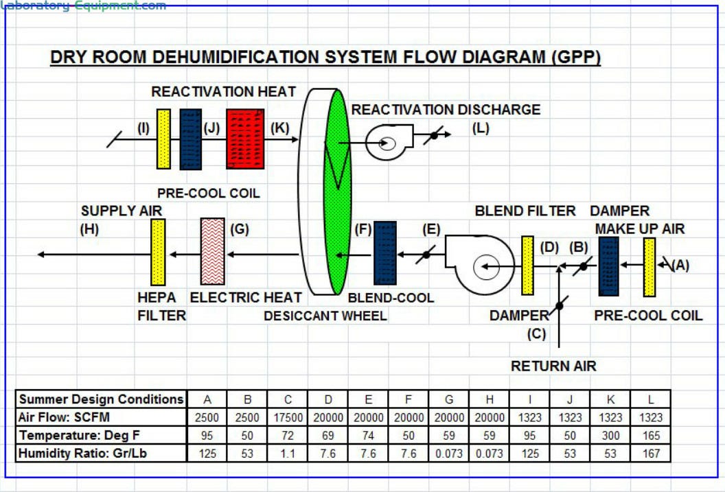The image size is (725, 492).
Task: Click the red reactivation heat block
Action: (245, 139)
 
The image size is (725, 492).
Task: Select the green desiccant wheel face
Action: (337, 192)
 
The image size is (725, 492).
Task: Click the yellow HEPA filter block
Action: (158, 252)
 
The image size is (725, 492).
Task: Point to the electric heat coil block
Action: (212, 251)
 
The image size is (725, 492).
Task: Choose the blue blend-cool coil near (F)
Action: (384, 253)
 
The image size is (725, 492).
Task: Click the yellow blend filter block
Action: (527, 266)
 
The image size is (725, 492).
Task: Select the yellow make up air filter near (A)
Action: (649, 268)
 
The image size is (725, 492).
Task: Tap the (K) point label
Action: (281, 128)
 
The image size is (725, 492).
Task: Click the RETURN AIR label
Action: (553, 366)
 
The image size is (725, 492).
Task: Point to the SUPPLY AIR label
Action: (122, 211)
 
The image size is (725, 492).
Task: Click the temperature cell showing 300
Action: (610, 435)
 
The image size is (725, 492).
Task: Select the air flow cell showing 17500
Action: (288, 417)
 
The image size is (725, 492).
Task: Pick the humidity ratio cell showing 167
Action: (651, 453)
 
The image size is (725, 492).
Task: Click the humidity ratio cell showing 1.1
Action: (288, 453)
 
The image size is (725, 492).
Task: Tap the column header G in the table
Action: (449, 399)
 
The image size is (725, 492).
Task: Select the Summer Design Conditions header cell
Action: (101, 399)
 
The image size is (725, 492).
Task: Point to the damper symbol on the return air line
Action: (560, 305)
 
